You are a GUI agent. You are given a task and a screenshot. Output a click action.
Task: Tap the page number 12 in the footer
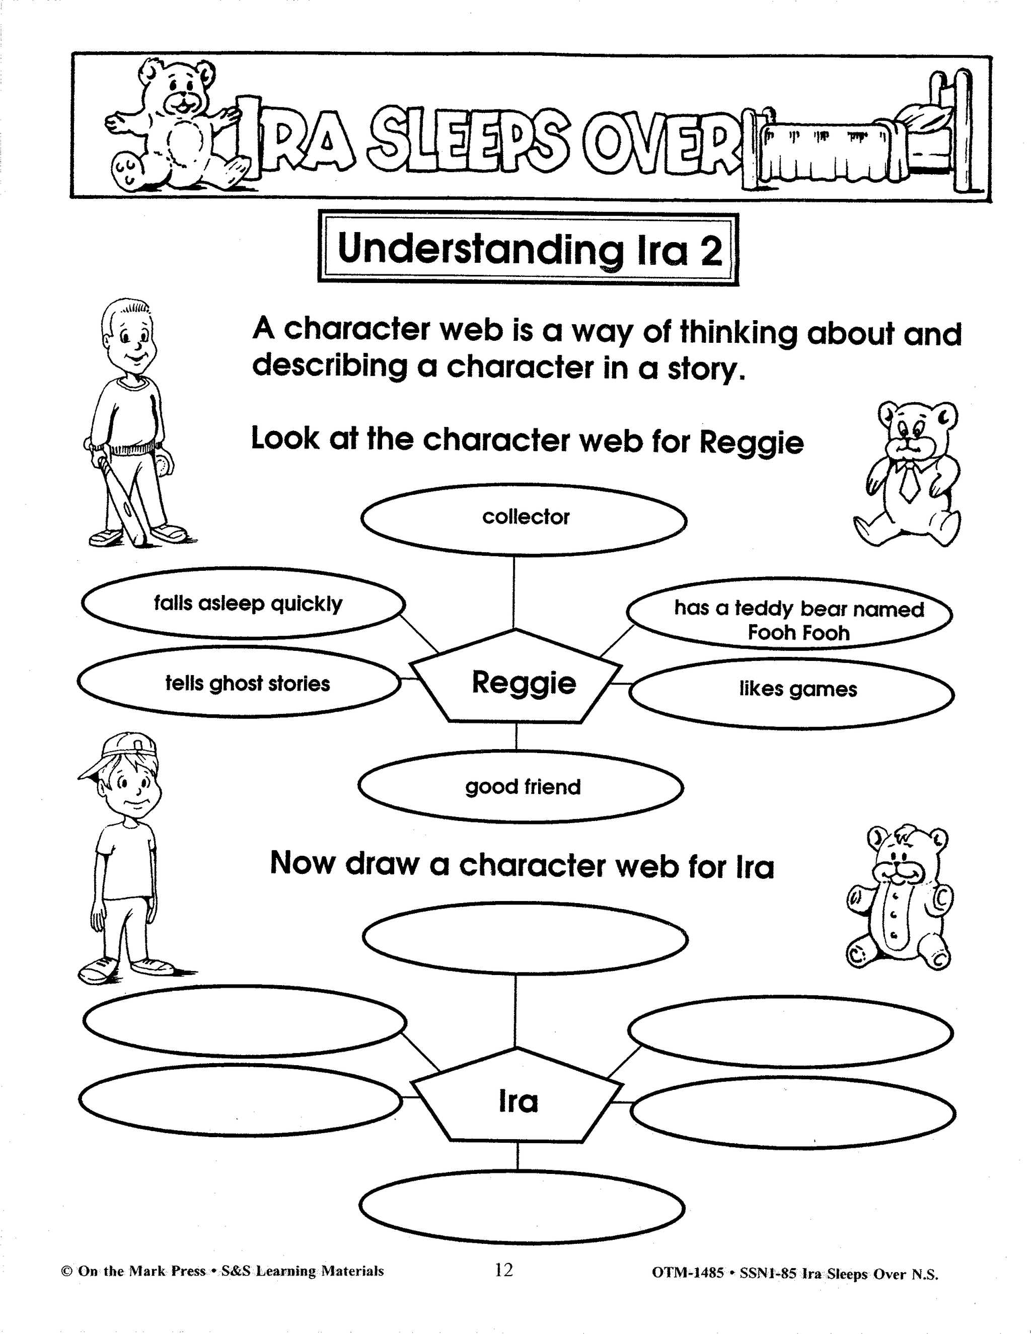tap(504, 1270)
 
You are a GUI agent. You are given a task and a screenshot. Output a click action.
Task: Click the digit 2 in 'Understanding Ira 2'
tap(711, 250)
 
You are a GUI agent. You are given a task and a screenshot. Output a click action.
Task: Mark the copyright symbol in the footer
tap(66, 1272)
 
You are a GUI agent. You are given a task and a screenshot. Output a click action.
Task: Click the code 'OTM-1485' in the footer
tap(688, 1274)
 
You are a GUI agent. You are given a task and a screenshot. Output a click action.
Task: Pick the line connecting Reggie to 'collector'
tap(513, 592)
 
